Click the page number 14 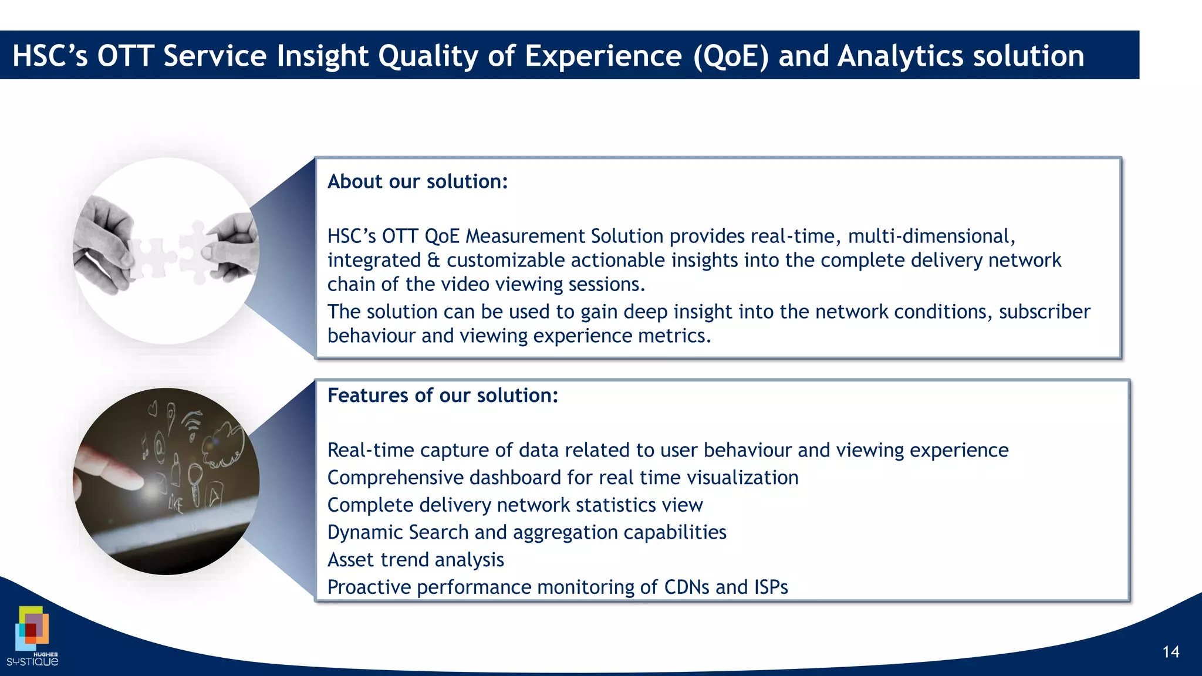click(1170, 652)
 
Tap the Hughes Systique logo click(33, 637)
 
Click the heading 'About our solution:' click(417, 182)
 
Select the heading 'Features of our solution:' click(443, 396)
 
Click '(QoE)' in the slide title click(730, 57)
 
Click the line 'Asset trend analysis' click(416, 560)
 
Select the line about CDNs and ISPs click(557, 587)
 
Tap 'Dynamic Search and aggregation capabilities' click(526, 533)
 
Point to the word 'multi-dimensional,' click(931, 236)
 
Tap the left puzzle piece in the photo click(149, 256)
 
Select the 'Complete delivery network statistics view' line click(515, 505)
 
